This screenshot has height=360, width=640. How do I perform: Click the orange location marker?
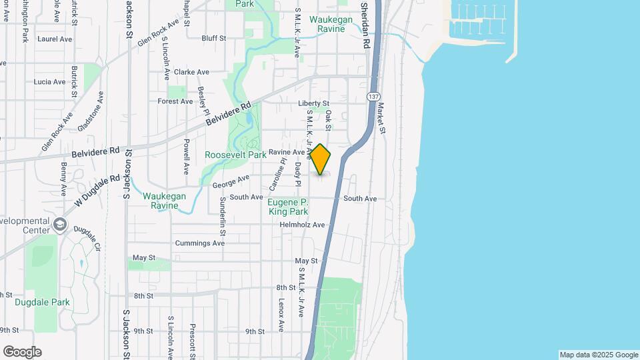tap(321, 159)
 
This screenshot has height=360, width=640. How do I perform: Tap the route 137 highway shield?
tap(373, 97)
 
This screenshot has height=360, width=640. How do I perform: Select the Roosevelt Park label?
tap(235, 155)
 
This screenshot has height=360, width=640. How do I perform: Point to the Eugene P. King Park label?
tap(288, 207)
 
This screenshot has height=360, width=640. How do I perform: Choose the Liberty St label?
tap(313, 103)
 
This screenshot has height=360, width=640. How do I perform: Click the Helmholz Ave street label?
tap(302, 225)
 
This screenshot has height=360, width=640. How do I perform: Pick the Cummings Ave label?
tap(200, 243)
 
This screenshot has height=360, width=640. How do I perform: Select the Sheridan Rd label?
tap(365, 25)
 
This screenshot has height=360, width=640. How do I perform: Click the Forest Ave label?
tap(175, 101)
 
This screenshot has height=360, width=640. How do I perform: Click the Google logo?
tap(22, 352)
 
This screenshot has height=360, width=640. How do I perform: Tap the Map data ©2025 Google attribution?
tap(599, 355)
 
